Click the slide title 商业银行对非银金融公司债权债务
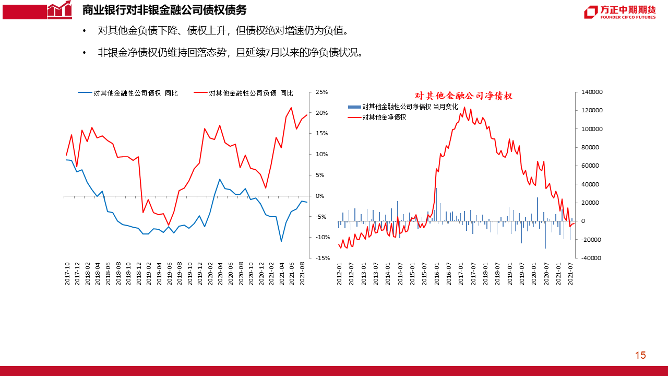tap(164, 10)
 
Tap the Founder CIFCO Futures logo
tap(619, 13)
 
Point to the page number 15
tap(640, 356)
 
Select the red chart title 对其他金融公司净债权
tap(464, 96)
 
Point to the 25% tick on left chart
tap(321, 92)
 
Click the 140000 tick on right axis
tap(592, 92)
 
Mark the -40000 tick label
tap(591, 258)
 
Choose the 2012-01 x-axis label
tap(339, 273)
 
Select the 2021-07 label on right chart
tap(570, 273)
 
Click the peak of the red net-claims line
tap(464, 108)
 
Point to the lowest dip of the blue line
tap(281, 241)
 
